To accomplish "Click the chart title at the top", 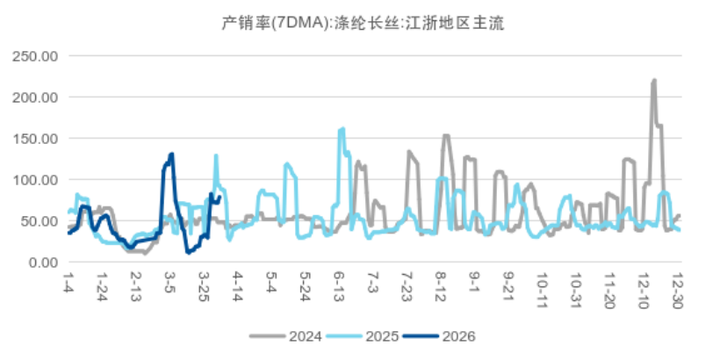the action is [363, 23].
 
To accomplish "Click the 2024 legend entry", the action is [285, 336].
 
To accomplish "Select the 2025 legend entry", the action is [362, 336].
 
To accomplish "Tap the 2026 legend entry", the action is [439, 336].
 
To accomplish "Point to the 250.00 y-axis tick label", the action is [35, 56].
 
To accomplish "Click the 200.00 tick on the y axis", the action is [35, 97].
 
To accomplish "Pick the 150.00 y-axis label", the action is [35, 139].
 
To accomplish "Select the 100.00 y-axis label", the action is [35, 180].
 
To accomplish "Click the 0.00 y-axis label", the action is [43, 263].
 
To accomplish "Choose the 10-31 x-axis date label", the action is [576, 289].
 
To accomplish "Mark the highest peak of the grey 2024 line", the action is [654, 80].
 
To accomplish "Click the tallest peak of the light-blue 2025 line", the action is [342, 129].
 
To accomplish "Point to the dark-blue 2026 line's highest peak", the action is [172, 154].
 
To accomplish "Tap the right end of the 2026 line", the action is [220, 197].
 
